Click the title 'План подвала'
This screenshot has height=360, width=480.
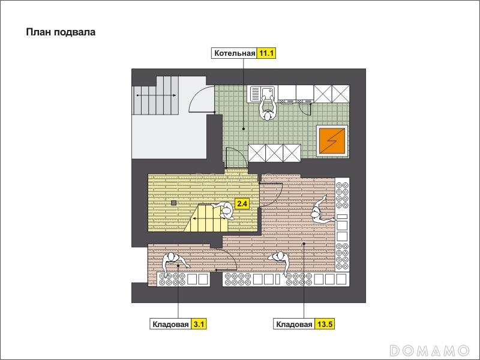click(x=61, y=32)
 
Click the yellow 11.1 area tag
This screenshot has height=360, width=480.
click(x=266, y=53)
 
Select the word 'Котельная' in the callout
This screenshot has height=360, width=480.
click(x=235, y=53)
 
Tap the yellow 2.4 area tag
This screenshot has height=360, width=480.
click(x=242, y=203)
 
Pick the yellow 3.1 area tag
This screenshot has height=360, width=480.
click(x=199, y=324)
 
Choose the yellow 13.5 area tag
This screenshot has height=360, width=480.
click(x=325, y=324)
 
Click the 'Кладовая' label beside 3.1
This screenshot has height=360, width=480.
click(x=170, y=325)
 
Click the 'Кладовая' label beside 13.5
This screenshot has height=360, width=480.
click(x=294, y=325)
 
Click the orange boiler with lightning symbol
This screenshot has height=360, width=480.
click(x=332, y=141)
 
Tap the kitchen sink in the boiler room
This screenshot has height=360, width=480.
click(x=263, y=94)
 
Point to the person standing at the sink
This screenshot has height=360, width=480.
click(x=268, y=109)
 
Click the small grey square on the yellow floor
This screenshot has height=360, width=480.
click(x=173, y=203)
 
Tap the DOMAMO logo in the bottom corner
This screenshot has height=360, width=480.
click(x=430, y=350)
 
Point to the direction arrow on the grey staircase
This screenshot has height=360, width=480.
click(x=156, y=95)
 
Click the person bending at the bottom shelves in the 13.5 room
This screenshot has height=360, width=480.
click(x=280, y=261)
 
